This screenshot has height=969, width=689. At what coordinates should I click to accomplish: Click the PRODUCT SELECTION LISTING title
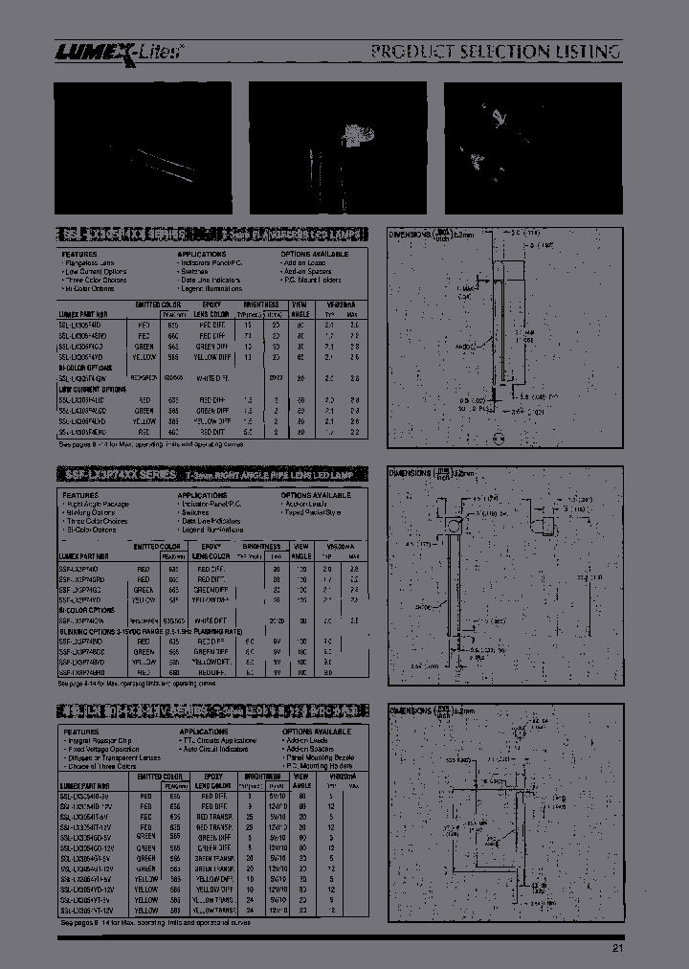coord(496,52)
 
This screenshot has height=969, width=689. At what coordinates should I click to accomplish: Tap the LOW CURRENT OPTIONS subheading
coord(92,391)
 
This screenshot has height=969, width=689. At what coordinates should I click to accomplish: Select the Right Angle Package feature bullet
coord(97,504)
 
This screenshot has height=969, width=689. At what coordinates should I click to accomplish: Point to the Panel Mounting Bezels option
coord(320,757)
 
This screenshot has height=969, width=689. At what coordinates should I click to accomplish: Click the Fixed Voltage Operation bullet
coord(102,749)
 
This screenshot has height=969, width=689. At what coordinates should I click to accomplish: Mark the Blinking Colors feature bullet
coord(90,512)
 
